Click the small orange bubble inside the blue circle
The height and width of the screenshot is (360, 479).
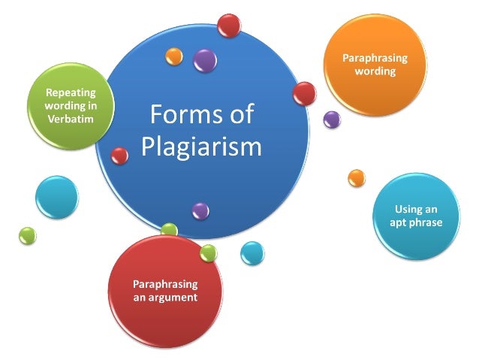174,56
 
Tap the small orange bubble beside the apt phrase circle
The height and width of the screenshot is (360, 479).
357,178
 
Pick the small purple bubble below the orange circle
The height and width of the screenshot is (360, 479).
331,119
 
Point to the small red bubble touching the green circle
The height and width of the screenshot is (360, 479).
119,156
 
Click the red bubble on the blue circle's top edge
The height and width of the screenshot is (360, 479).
228,26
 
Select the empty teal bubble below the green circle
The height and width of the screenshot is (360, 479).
56,198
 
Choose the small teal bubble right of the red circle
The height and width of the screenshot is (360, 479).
252,253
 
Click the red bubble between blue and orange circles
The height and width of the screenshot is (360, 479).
304,94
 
